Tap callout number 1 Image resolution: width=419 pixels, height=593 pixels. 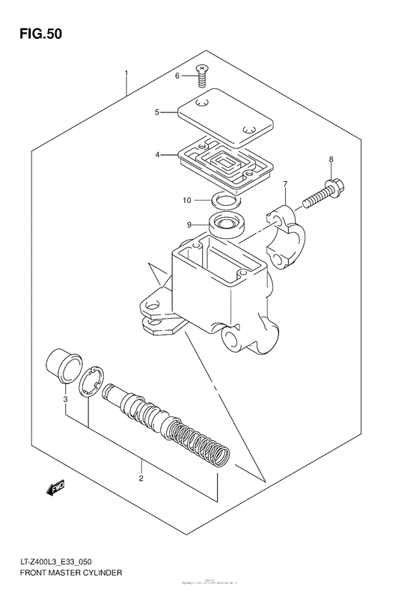127,73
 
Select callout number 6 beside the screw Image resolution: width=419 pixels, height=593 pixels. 178,76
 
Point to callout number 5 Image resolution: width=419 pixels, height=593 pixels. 157,112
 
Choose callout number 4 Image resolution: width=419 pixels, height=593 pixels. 157,155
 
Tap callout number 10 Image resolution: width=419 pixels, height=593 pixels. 188,200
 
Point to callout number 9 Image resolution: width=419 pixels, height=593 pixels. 190,224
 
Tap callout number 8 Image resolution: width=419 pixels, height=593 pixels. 331,159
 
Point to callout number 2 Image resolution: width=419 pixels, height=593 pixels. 140,477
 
